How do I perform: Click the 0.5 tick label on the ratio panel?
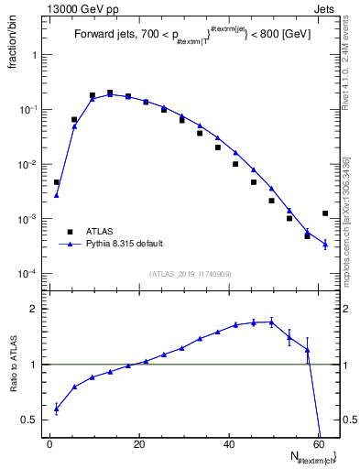27,420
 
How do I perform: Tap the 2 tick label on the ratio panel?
32,309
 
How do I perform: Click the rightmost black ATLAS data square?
325,213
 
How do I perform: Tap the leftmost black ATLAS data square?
57,182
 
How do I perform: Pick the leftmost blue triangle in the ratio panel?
57,409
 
